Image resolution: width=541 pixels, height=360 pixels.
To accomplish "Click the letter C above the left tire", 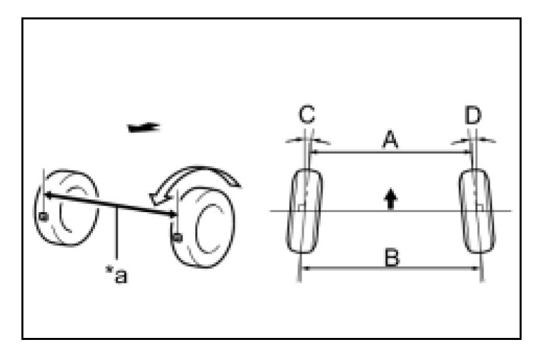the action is [306, 115].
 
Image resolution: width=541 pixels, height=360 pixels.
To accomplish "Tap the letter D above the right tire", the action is [473, 115].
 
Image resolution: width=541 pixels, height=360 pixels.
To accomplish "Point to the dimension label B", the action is [391, 256].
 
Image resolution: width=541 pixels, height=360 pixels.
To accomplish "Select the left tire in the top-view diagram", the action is [305, 211].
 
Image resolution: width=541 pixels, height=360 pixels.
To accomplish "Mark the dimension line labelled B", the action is [391, 268].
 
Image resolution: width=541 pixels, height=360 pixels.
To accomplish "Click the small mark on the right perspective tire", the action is [177, 236].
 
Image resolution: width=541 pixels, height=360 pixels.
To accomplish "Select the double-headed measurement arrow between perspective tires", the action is [110, 203].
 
